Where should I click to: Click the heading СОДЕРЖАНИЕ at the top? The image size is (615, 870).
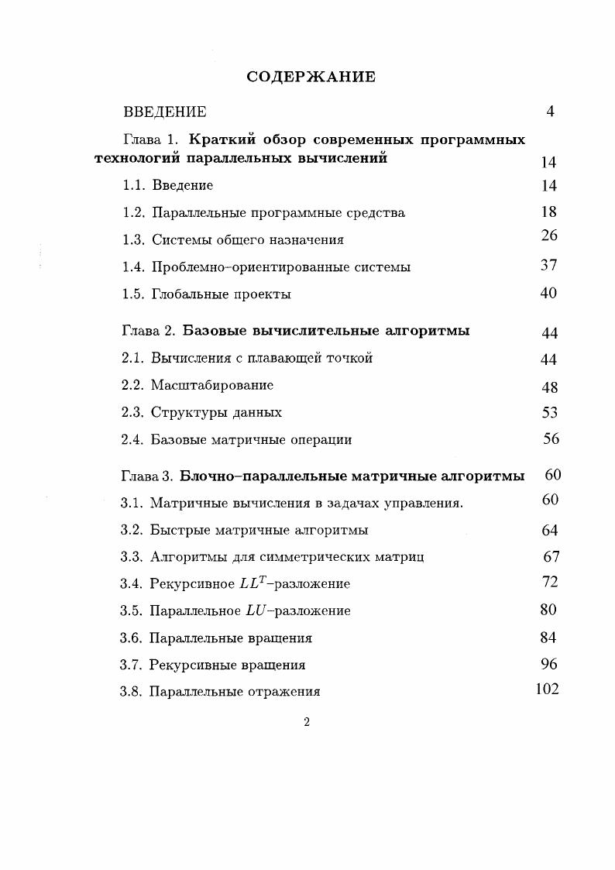coord(311,77)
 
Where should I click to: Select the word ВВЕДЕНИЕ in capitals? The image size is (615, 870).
coord(165,112)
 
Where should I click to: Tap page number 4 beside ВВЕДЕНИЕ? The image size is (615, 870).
coord(550,112)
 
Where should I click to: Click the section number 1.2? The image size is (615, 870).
coord(134,212)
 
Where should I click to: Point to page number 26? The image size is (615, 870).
coord(549,236)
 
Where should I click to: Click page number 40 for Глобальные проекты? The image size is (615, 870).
coord(548,293)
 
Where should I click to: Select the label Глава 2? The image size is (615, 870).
coord(149,331)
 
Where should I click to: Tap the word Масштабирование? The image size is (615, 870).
coord(211,385)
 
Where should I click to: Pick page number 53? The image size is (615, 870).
coord(549,413)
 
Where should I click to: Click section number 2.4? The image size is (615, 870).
coord(132,440)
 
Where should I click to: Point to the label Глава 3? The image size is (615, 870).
coord(147,476)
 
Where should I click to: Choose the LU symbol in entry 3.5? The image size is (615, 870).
coord(255,610)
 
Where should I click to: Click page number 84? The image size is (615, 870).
coord(548,638)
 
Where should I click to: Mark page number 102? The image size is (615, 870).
coord(547,689)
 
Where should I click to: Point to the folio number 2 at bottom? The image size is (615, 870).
coord(307,723)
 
